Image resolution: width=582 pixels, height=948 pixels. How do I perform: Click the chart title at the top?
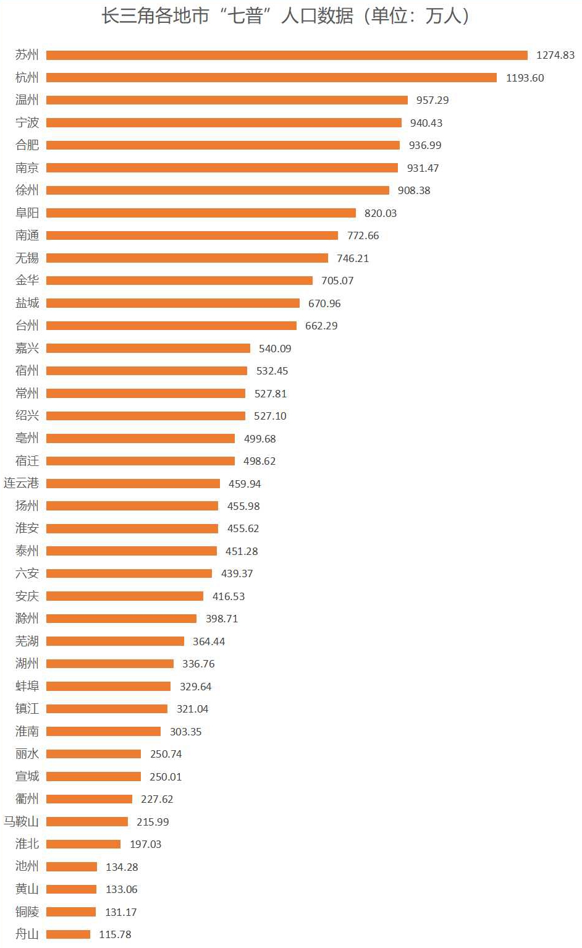tap(285, 16)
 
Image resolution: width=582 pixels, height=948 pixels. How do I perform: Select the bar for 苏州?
tap(287, 55)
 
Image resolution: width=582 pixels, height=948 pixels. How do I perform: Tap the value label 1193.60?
tap(525, 78)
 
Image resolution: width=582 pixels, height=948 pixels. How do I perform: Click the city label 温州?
tap(27, 100)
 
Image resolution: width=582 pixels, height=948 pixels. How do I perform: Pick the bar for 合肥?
tap(223, 145)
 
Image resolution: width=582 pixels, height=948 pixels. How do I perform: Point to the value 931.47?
tap(423, 168)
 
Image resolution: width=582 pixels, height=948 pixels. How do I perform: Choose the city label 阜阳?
tap(27, 213)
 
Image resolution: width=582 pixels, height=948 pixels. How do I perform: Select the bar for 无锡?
tap(187, 258)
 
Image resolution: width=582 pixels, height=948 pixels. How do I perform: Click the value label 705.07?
tap(337, 281)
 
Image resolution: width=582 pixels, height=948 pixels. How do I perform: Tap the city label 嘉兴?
tap(27, 349)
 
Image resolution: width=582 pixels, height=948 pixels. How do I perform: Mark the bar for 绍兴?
tap(146, 416)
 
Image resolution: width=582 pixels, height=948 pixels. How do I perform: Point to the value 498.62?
tap(259, 461)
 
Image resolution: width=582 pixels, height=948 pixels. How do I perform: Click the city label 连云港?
tap(21, 483)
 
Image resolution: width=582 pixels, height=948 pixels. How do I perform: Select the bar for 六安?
tap(129, 573)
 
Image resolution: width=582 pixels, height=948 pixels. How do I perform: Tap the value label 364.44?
tap(209, 641)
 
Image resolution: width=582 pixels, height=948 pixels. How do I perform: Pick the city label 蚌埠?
tap(27, 687)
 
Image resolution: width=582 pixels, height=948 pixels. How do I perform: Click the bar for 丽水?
tap(93, 754)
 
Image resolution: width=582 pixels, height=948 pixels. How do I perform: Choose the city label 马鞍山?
tap(21, 822)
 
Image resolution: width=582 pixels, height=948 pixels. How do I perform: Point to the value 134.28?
tap(122, 867)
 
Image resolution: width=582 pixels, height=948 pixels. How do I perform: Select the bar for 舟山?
tap(68, 934)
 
